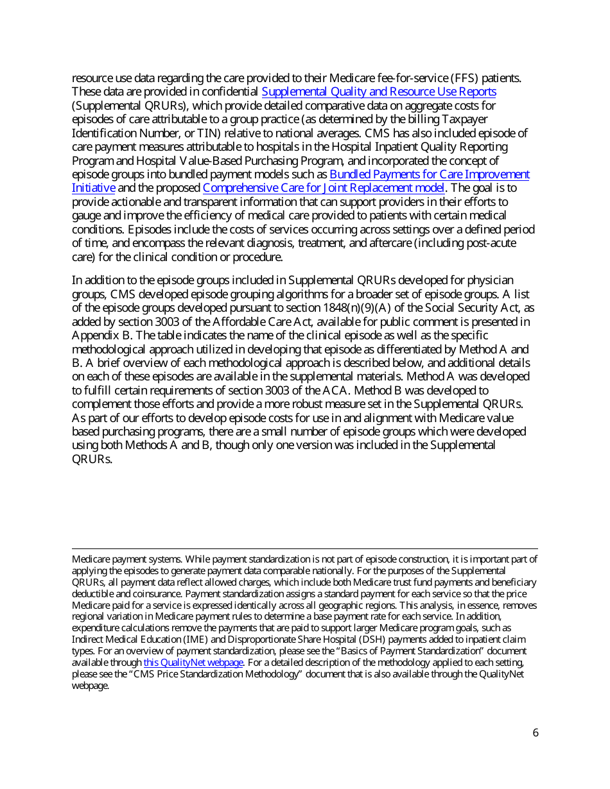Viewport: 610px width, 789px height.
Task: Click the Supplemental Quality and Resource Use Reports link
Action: (x=379, y=92)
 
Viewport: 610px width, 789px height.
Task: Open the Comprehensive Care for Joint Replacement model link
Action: (x=324, y=188)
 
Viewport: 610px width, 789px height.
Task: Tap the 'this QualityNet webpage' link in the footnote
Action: (x=193, y=663)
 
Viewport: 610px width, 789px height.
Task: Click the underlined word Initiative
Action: (x=94, y=188)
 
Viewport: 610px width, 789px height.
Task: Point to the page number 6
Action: (x=536, y=733)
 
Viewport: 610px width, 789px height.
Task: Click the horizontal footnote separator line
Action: (x=305, y=548)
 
